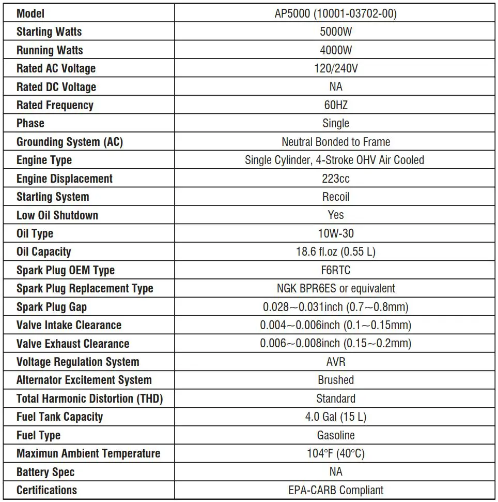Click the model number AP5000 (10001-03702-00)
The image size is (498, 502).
pyautogui.click(x=335, y=13)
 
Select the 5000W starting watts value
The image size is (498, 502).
pyautogui.click(x=335, y=32)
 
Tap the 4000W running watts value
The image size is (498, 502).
pyautogui.click(x=335, y=50)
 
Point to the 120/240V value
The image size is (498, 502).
pyautogui.click(x=335, y=68)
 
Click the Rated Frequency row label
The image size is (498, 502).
pyautogui.click(x=55, y=105)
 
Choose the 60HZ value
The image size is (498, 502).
pyautogui.click(x=335, y=105)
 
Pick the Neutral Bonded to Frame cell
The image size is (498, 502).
pyautogui.click(x=335, y=142)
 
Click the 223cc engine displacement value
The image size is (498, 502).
pyautogui.click(x=335, y=179)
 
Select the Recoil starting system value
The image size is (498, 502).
pyautogui.click(x=335, y=197)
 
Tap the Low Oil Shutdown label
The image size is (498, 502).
pyautogui.click(x=57, y=215)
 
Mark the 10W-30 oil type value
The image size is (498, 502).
pyautogui.click(x=335, y=233)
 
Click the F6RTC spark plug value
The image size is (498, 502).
pyautogui.click(x=335, y=270)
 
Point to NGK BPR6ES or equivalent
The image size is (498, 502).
pyautogui.click(x=335, y=288)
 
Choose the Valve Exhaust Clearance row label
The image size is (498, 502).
pyautogui.click(x=73, y=344)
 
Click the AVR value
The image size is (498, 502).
pyautogui.click(x=335, y=362)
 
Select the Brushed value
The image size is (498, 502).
pyautogui.click(x=335, y=380)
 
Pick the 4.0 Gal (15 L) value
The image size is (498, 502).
pyautogui.click(x=335, y=417)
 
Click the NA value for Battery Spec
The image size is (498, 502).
pyautogui.click(x=335, y=471)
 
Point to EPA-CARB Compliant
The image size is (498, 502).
pyautogui.click(x=335, y=490)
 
